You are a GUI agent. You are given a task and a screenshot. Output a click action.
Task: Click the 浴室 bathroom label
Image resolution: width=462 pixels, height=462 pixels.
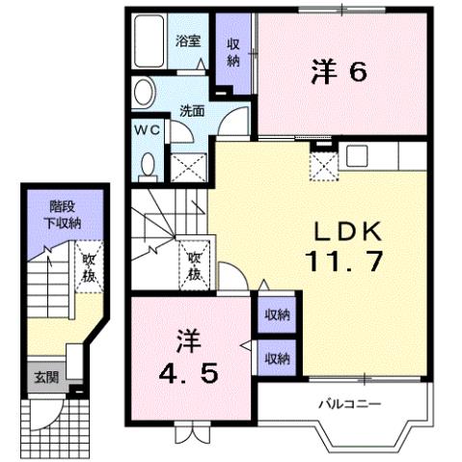tap(187, 41)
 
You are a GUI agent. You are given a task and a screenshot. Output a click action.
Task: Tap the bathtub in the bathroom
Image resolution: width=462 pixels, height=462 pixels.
tap(152, 42)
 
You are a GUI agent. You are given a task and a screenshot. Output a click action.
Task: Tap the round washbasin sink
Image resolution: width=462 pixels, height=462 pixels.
tap(142, 93)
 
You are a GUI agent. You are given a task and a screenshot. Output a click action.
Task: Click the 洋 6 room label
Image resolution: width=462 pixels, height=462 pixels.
tap(340, 70)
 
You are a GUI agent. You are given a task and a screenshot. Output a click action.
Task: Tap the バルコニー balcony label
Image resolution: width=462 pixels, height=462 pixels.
tap(340, 403)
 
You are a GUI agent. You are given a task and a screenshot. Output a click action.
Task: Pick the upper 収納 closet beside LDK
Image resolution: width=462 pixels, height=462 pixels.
tap(277, 314)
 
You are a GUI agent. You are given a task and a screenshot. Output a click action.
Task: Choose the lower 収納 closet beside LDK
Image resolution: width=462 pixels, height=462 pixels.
tap(277, 359)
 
